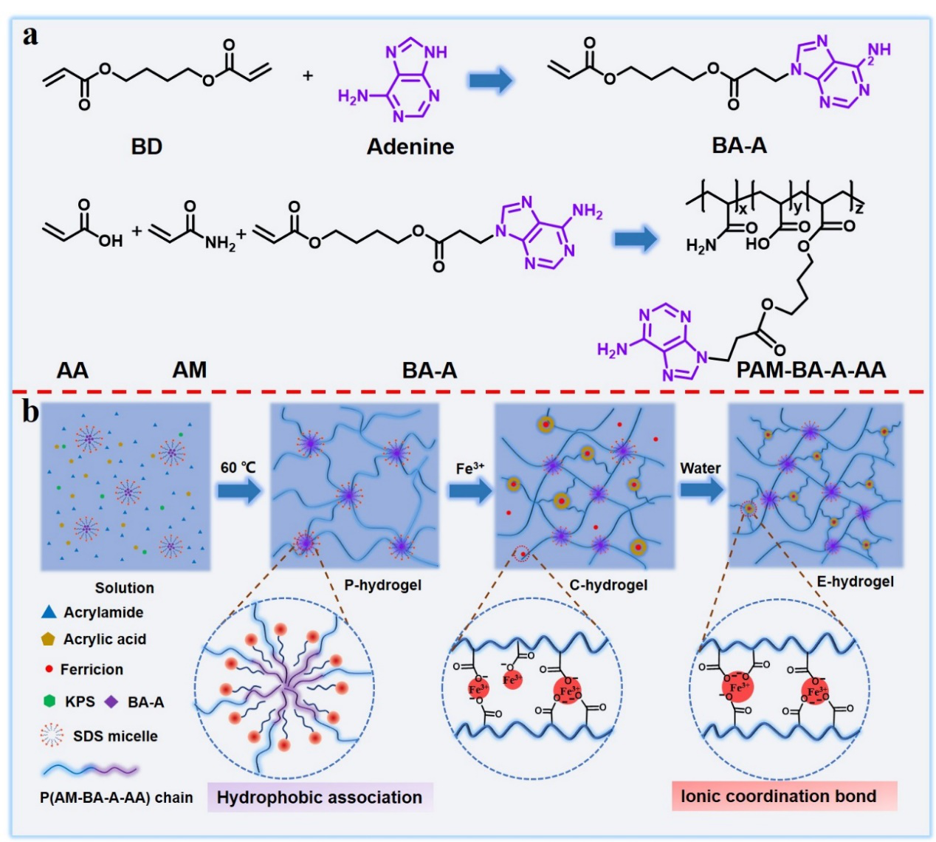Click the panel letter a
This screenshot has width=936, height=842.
(x=30, y=35)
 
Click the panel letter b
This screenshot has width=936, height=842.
(x=30, y=411)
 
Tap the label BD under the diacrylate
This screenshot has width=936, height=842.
(x=146, y=146)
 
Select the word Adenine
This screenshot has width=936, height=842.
(x=410, y=146)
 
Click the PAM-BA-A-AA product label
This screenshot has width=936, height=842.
(x=811, y=369)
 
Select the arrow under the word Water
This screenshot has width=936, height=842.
(x=701, y=490)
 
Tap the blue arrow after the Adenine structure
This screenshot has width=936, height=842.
(x=491, y=79)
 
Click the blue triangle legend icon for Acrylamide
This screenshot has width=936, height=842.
(x=49, y=612)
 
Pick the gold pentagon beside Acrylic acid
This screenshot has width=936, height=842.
(x=49, y=639)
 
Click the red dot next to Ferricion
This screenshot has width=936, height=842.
(x=49, y=669)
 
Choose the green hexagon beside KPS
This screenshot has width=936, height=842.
(x=49, y=701)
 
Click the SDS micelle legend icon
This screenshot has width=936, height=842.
(x=52, y=736)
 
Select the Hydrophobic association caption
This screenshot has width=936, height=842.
(x=320, y=798)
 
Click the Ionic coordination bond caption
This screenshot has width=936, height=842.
(x=779, y=796)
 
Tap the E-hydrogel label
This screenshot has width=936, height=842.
(x=855, y=581)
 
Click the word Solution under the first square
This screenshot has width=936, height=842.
(x=124, y=588)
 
